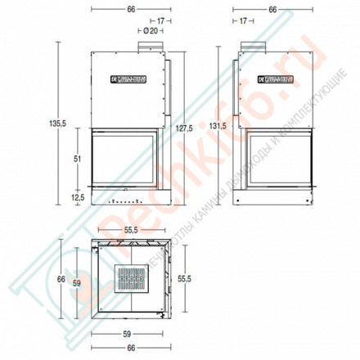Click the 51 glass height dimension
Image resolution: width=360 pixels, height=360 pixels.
click(x=77, y=160)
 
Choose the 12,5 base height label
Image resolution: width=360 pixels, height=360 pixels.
click(x=78, y=197)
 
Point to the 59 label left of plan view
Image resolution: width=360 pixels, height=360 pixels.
click(x=77, y=283)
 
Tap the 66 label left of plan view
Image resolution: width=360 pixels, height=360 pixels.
click(x=59, y=279)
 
